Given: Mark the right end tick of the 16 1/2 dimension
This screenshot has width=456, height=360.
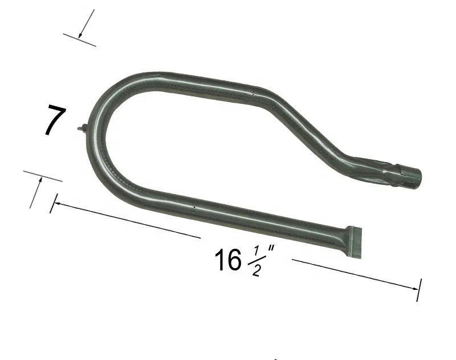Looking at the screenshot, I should pos(420,290).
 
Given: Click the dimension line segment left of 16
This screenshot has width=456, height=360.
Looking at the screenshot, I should pos(125,220).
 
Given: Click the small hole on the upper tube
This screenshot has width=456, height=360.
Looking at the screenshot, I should pos(253,93).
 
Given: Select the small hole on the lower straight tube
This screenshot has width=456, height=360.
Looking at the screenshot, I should pos(194,207).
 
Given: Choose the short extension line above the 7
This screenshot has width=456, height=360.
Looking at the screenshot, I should pos(79,39).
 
